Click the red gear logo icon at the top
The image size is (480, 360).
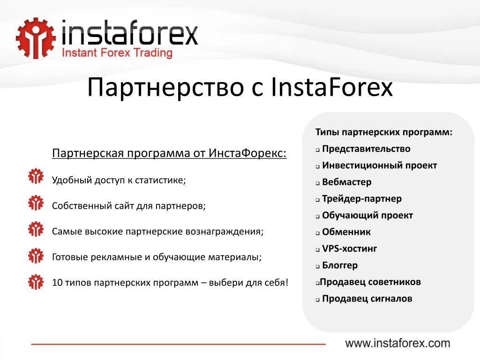[35, 39]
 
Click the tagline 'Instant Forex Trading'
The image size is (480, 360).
[118, 53]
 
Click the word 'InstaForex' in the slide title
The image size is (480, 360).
[331, 88]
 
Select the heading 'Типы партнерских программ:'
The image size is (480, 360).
[384, 132]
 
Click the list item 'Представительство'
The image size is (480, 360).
[366, 149]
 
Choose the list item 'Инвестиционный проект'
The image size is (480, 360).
[379, 165]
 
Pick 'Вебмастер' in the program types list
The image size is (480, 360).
[346, 182]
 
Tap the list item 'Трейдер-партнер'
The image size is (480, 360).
[361, 199]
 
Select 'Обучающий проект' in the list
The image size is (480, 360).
[367, 216]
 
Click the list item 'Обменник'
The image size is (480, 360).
[346, 232]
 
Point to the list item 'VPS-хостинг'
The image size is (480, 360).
[349, 249]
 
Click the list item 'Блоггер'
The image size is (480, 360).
[339, 265]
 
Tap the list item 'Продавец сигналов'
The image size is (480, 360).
[367, 299]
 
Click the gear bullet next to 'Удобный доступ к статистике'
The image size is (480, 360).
[36, 177]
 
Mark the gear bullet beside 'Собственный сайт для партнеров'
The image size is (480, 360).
[36, 203]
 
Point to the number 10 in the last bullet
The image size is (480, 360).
[57, 283]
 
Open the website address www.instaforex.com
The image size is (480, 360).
[397, 343]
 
